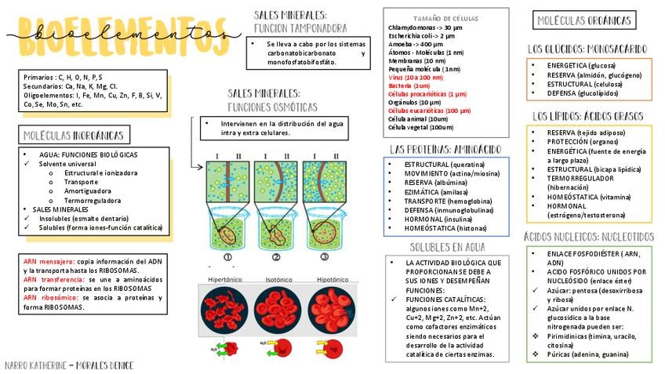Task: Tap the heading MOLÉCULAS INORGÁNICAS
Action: tap(73, 136)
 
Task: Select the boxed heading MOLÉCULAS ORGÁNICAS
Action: tap(583, 21)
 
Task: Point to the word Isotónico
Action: tap(279, 279)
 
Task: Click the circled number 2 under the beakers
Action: tap(276, 257)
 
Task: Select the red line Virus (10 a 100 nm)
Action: tap(416, 78)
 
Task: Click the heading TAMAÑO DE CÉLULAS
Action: tap(445, 18)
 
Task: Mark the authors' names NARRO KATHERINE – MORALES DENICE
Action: tap(69, 365)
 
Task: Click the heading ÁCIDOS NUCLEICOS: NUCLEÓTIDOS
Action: tap(588, 236)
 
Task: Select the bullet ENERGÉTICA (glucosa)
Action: tap(581, 65)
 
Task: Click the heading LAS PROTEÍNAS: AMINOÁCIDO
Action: tap(445, 149)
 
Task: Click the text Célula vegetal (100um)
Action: tap(420, 127)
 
